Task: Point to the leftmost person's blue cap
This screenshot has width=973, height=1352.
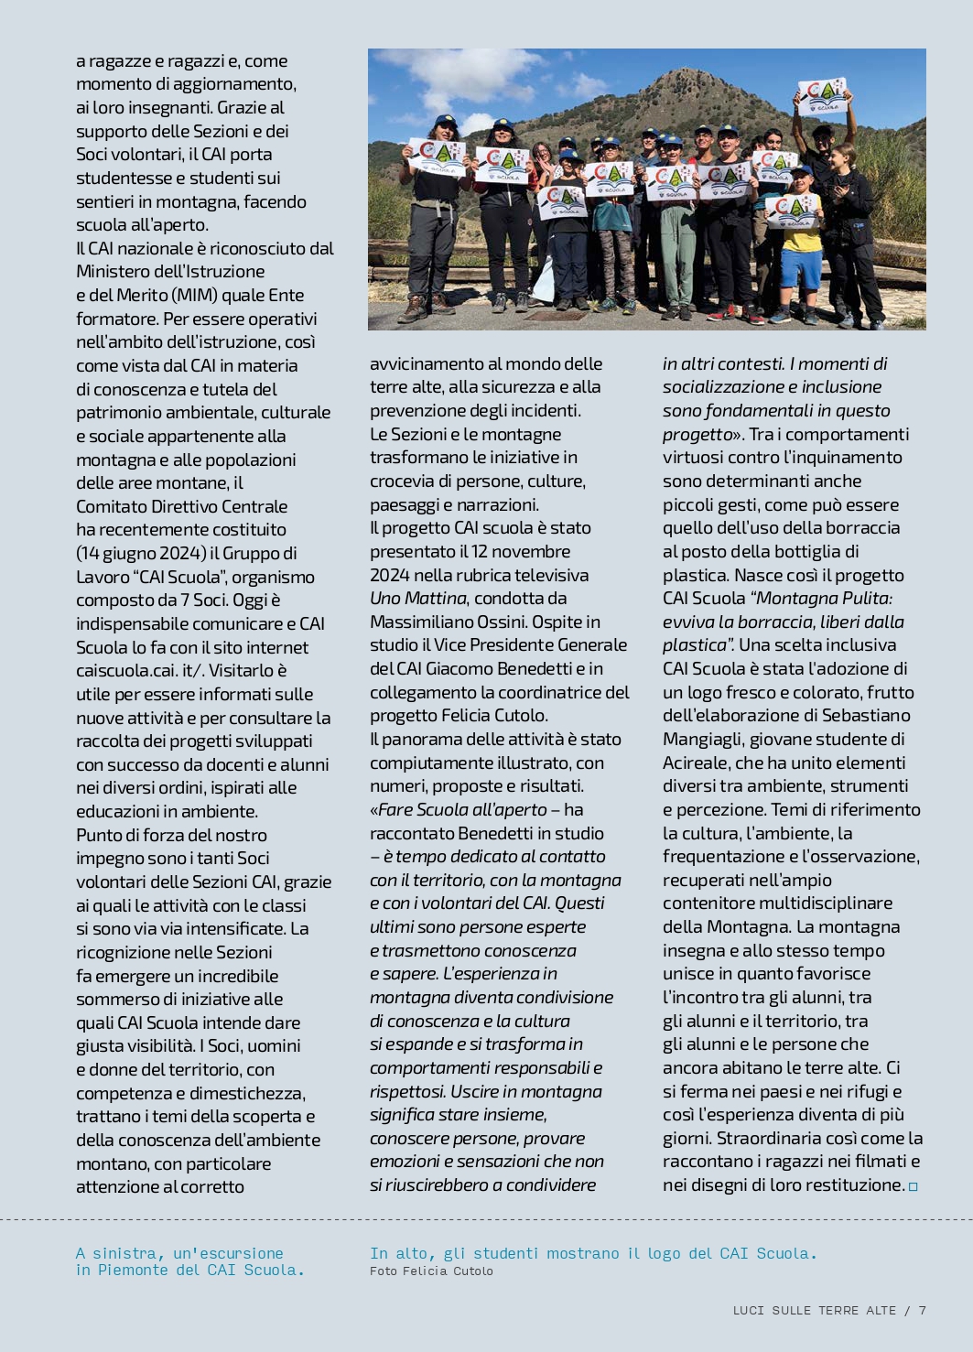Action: (446, 121)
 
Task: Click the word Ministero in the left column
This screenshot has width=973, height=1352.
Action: (115, 272)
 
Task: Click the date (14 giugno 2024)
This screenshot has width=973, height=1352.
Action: (143, 554)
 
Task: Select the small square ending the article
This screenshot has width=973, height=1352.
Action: (913, 1186)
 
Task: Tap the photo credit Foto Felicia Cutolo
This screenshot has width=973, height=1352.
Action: (431, 1271)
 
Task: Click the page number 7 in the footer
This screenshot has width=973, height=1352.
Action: (923, 1311)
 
